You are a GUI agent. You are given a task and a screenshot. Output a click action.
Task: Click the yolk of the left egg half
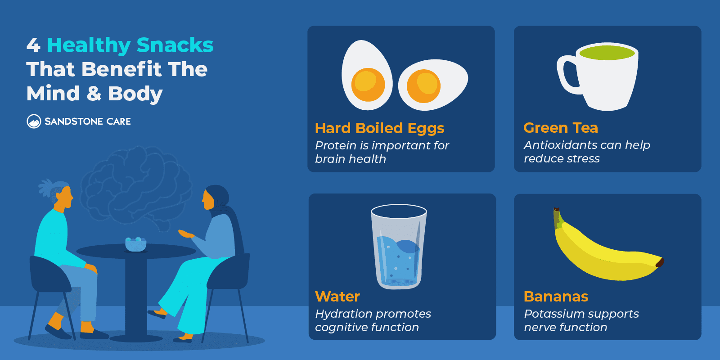[368, 85]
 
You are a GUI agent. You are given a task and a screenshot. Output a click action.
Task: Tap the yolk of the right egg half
[423, 86]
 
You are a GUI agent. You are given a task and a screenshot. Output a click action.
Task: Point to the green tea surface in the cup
[607, 53]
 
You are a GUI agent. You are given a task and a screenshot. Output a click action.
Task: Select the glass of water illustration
[399, 247]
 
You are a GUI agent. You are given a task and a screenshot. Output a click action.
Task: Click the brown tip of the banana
[660, 262]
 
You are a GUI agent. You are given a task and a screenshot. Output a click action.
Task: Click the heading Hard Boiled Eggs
[379, 128]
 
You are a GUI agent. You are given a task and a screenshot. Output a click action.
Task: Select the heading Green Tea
[560, 128]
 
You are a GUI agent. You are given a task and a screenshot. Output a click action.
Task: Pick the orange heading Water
[337, 297]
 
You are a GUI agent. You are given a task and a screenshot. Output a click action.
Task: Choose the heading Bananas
[556, 297]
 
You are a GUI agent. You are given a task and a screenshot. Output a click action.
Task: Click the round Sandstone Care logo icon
[34, 121]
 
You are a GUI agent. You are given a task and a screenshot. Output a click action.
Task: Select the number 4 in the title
[33, 45]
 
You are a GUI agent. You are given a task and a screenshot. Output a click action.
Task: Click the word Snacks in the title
[175, 45]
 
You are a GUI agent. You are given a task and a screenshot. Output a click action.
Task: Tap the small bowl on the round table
[135, 244]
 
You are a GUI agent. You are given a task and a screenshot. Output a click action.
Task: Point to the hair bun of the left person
[46, 187]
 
